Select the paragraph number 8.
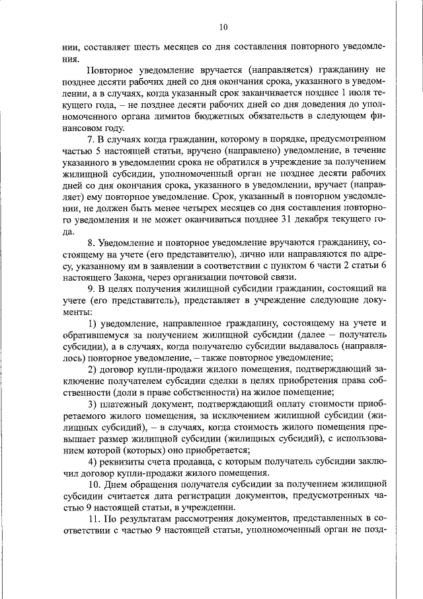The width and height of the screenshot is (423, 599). (91, 245)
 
